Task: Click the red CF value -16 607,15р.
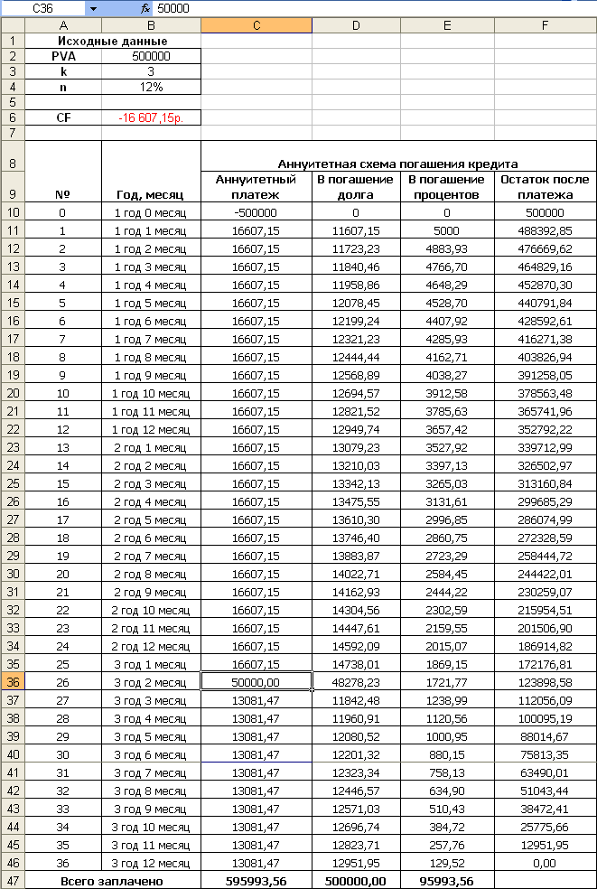pyautogui.click(x=151, y=117)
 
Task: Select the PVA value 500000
pyautogui.click(x=151, y=56)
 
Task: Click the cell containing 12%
pyautogui.click(x=151, y=87)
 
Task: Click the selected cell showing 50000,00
pyautogui.click(x=257, y=681)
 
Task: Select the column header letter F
pyautogui.click(x=545, y=25)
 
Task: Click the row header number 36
pyautogui.click(x=13, y=681)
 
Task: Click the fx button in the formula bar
pyautogui.click(x=145, y=8)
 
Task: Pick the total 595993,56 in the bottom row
pyautogui.click(x=257, y=880)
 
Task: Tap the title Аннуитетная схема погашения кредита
pyautogui.click(x=398, y=164)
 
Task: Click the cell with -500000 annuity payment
pyautogui.click(x=257, y=213)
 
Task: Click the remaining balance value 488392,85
pyautogui.click(x=545, y=230)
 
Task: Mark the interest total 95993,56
pyautogui.click(x=447, y=880)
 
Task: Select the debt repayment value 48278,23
pyautogui.click(x=357, y=681)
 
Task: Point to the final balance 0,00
pyautogui.click(x=545, y=864)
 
